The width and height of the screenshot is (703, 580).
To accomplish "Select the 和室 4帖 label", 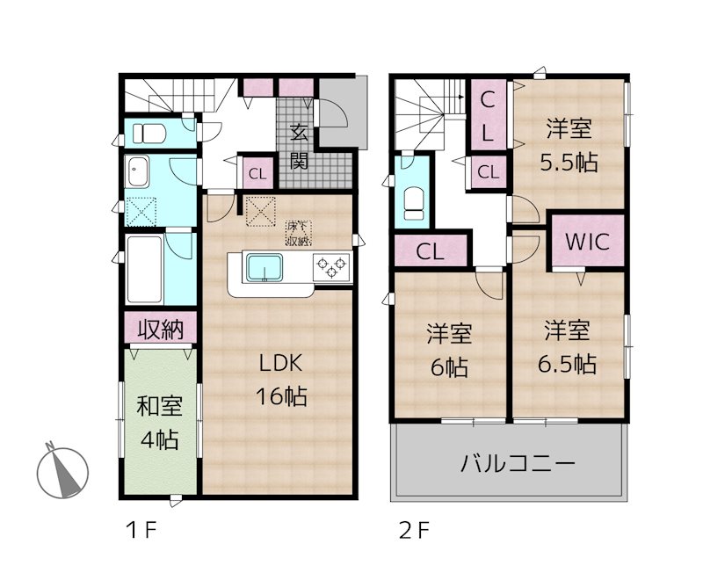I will [159, 422].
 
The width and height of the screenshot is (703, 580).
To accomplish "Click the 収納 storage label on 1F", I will [159, 330].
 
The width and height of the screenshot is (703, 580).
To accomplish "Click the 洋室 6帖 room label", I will [450, 349].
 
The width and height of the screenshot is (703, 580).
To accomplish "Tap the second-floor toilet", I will [413, 201].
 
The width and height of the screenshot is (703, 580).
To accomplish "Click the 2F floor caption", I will [413, 530].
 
